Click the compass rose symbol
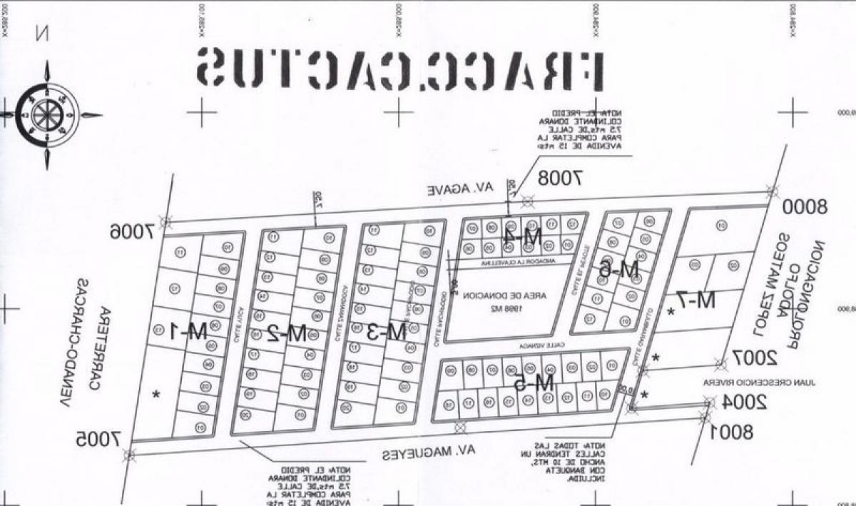point(48,114)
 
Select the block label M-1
point(189,331)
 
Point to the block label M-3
point(387,331)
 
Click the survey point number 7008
point(561,177)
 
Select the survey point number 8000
point(804,207)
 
